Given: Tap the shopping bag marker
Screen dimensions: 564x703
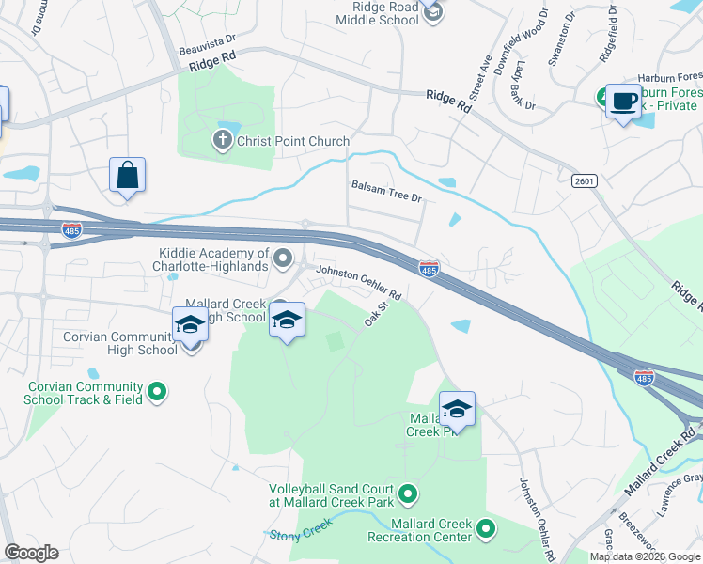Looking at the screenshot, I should [127, 176].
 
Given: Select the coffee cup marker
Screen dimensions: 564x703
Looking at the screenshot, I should [622, 102].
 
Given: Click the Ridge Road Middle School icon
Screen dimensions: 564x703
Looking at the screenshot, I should [431, 12].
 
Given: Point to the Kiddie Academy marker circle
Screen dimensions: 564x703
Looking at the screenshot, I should [279, 255].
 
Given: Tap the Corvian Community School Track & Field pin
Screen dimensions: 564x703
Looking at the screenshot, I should [157, 391].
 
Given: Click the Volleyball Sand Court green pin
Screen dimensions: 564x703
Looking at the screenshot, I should [408, 493].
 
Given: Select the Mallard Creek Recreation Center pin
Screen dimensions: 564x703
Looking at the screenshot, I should [486, 530].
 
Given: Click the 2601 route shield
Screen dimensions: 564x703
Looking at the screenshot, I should [585, 180].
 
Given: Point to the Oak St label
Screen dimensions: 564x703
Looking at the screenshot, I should [377, 314].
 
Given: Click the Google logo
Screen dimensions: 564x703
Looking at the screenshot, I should [31, 552].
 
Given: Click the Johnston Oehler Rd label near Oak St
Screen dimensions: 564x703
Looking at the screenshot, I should [359, 282].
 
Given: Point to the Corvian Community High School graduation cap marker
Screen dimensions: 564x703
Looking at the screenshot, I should [191, 326].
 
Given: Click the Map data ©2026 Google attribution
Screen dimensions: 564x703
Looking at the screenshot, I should [644, 556].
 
